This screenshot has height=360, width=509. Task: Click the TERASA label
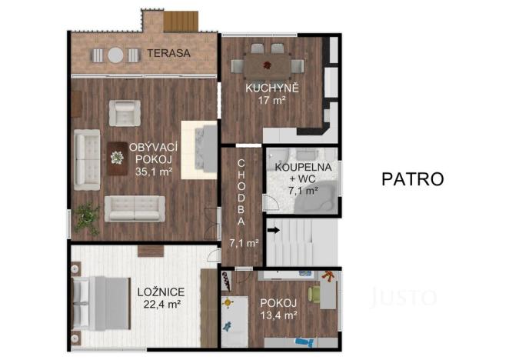(x=169, y=54)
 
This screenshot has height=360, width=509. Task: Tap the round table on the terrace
(x=115, y=55)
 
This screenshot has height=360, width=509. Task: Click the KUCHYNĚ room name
(x=271, y=88)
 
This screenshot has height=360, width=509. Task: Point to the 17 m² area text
(x=271, y=101)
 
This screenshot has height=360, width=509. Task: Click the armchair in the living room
(x=123, y=113)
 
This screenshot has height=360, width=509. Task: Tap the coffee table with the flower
(x=117, y=157)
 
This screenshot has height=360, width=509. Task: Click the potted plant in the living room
(x=86, y=218)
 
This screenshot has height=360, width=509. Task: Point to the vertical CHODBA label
(x=241, y=192)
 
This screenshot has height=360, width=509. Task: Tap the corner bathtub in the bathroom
(x=322, y=197)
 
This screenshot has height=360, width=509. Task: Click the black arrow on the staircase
(x=273, y=228)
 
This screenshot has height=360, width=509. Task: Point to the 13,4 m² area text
(x=278, y=315)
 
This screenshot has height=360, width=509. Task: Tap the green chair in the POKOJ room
(x=315, y=294)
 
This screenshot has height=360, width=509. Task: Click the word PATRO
(x=412, y=179)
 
